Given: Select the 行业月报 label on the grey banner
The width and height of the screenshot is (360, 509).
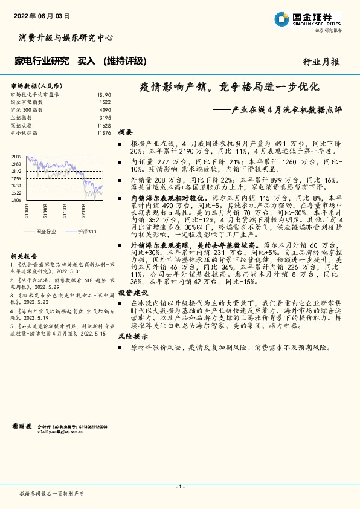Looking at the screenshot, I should (x=321, y=62).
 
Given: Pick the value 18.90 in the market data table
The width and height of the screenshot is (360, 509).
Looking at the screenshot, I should (x=104, y=95).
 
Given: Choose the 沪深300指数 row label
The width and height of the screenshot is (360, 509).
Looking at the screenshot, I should (x=27, y=110).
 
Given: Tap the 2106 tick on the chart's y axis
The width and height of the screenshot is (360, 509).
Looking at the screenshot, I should (x=16, y=157).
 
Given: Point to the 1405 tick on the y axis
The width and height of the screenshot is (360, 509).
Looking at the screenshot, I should (x=16, y=200).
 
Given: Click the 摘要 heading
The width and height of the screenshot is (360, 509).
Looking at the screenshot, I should (x=126, y=131).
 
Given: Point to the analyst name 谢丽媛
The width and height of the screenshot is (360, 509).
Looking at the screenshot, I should (x=21, y=426).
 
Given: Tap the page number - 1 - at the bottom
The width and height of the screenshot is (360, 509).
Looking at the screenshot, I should (x=179, y=487).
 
